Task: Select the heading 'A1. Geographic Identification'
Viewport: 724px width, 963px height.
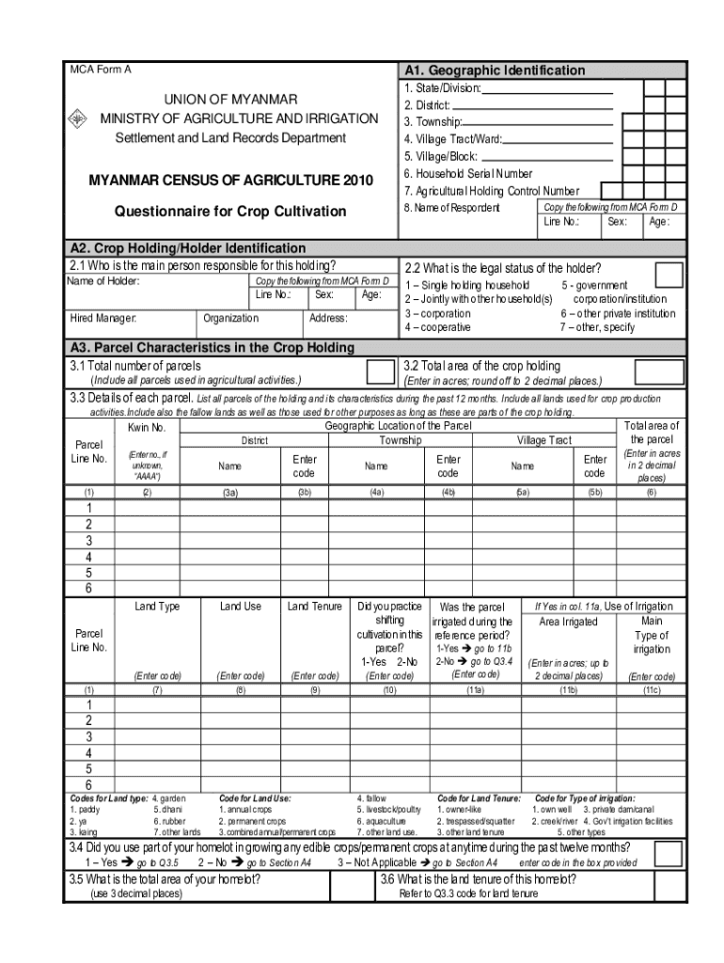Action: pos(494,71)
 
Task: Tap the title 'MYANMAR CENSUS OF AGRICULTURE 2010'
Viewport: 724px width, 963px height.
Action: pos(230,180)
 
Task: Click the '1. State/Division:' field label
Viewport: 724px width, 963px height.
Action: pos(442,88)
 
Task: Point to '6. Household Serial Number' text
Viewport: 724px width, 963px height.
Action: pos(467,174)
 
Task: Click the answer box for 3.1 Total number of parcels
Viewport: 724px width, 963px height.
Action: pos(380,371)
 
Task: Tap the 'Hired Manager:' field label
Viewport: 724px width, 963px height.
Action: pos(103,319)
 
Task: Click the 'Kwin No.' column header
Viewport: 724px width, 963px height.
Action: pos(147,428)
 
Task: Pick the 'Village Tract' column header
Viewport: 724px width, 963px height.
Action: pos(543,440)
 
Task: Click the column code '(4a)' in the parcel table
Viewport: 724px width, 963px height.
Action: pos(377,492)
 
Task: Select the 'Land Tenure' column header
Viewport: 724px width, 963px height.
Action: pos(315,607)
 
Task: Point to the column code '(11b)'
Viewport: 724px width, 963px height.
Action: pos(568,689)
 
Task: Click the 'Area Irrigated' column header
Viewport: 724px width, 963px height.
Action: pos(567,622)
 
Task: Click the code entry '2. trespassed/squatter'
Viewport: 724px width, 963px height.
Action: pos(475,820)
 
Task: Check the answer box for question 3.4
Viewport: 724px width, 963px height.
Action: pos(669,853)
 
